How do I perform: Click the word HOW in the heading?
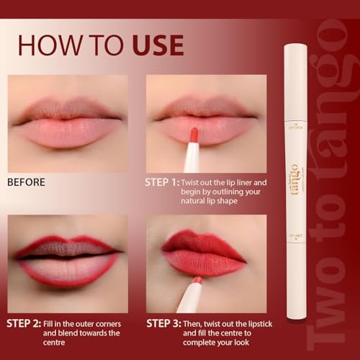50,44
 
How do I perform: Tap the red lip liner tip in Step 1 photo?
194,135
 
